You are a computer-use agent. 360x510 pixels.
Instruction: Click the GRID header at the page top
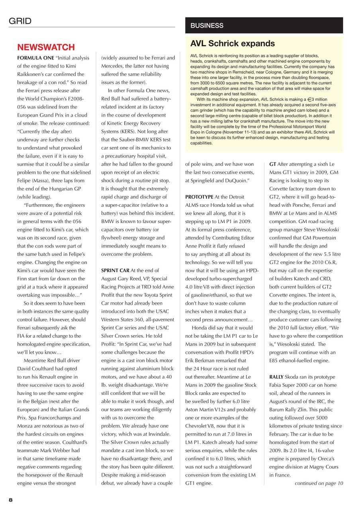[x=20, y=21]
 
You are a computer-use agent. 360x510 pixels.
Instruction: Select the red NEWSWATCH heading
[x=46, y=48]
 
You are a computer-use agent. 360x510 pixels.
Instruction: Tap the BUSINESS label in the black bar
[x=207, y=25]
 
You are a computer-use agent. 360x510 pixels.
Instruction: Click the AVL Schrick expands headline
[x=233, y=43]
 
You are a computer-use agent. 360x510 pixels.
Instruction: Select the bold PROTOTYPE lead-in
[x=199, y=197]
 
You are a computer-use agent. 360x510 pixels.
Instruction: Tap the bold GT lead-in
[x=273, y=164]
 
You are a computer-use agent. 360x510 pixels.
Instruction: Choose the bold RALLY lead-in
[x=277, y=377]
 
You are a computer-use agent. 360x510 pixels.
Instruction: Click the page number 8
[x=11, y=499]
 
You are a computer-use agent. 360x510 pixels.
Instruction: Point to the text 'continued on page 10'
[x=319, y=483]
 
